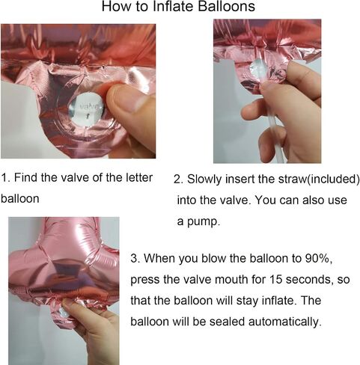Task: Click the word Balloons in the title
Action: tap(227, 6)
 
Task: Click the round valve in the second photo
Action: tap(257, 68)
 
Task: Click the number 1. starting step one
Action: tap(5, 177)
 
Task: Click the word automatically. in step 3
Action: tap(284, 322)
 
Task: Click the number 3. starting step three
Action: tap(135, 258)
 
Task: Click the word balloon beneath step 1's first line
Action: tap(20, 199)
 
